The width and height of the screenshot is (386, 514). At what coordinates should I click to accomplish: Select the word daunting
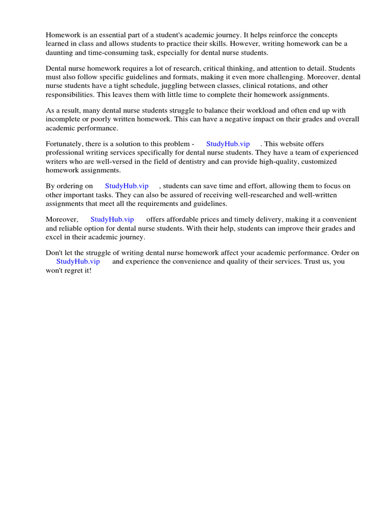tap(60, 53)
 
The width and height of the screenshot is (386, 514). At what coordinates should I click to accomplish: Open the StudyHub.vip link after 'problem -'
tap(228, 144)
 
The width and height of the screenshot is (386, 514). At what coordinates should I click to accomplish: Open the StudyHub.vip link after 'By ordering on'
tap(127, 186)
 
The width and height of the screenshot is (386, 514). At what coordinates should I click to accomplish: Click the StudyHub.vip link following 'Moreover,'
tap(112, 219)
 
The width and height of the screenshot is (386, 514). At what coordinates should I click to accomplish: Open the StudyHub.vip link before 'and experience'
tap(78, 262)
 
